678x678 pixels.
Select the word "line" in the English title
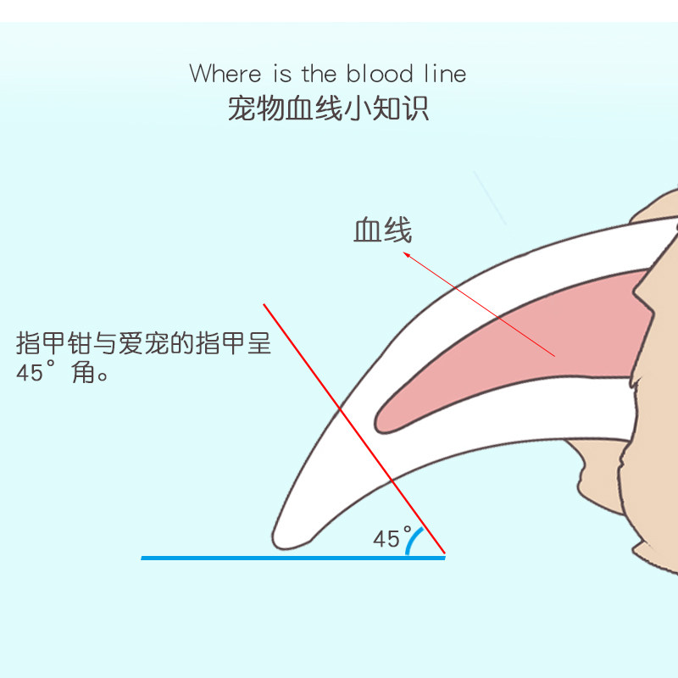pyautogui.click(x=444, y=74)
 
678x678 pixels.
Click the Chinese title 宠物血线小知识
pyautogui.click(x=328, y=108)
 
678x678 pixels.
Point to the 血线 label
pyautogui.click(x=382, y=230)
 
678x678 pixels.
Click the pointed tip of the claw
pyautogui.click(x=278, y=539)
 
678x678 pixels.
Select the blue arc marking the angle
pyautogui.click(x=410, y=540)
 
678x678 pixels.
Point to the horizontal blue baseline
pyautogui.click(x=254, y=558)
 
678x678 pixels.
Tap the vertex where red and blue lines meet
pyautogui.click(x=444, y=557)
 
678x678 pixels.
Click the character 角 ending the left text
pyautogui.click(x=84, y=373)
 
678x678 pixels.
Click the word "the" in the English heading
pyautogui.click(x=319, y=74)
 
